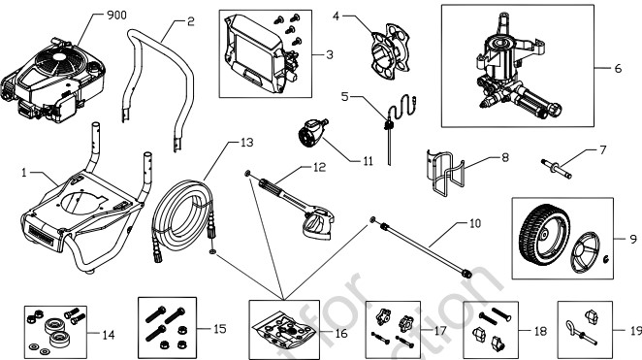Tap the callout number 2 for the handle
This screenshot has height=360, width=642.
(190, 20)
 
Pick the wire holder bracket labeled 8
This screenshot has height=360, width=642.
(446, 171)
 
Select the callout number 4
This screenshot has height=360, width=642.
(337, 16)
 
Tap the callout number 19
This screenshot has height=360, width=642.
(635, 331)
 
